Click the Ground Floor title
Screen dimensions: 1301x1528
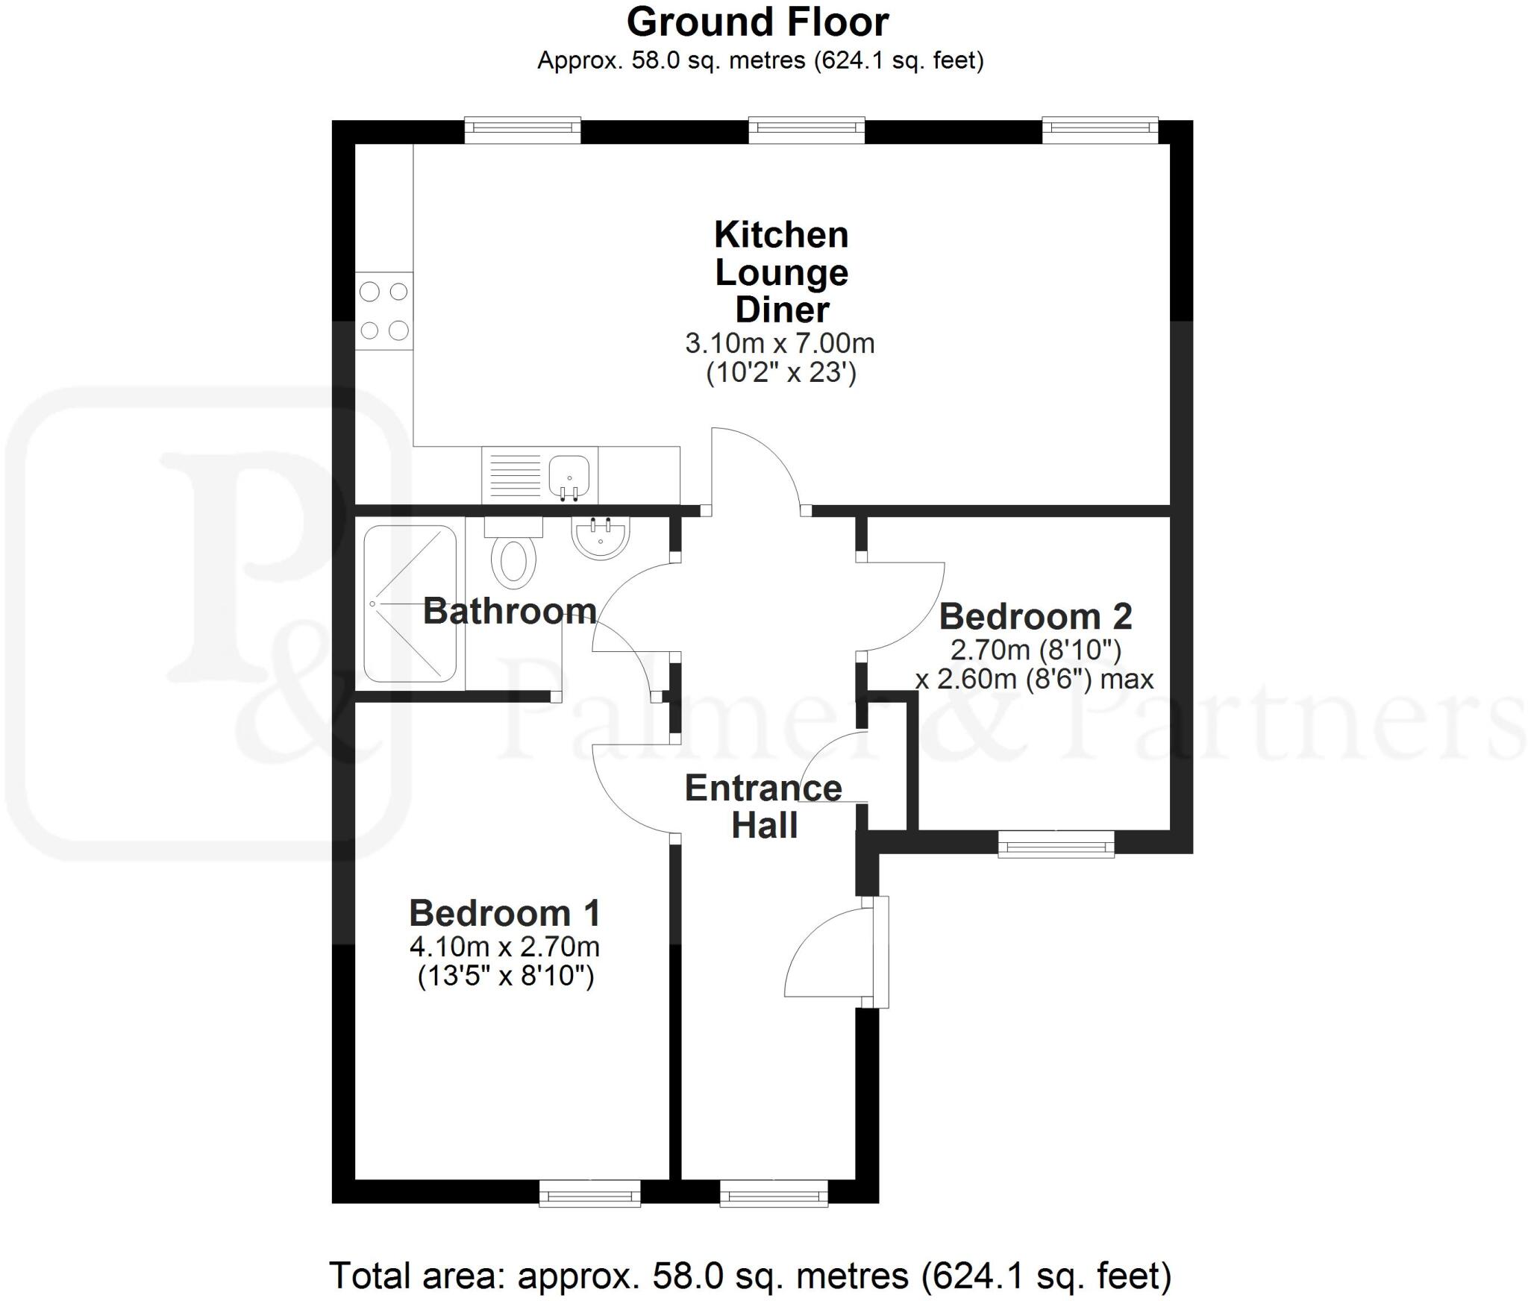tap(757, 22)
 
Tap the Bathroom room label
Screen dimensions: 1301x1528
tap(510, 611)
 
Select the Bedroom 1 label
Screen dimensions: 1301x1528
tap(504, 913)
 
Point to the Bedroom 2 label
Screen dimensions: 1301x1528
tap(1035, 617)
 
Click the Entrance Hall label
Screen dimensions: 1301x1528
tap(763, 806)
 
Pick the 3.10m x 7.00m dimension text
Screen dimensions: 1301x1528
tap(780, 344)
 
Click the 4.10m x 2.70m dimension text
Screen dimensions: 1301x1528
tap(504, 947)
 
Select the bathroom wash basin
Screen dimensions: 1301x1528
tap(601, 538)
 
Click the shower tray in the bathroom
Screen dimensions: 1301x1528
tap(410, 604)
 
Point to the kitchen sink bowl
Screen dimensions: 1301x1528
tap(569, 474)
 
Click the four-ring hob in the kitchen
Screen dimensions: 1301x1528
tap(384, 311)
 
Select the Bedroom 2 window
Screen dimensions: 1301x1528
tap(1056, 845)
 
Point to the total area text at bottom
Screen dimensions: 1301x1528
tap(750, 1275)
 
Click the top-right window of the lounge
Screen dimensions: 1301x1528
tap(1100, 130)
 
